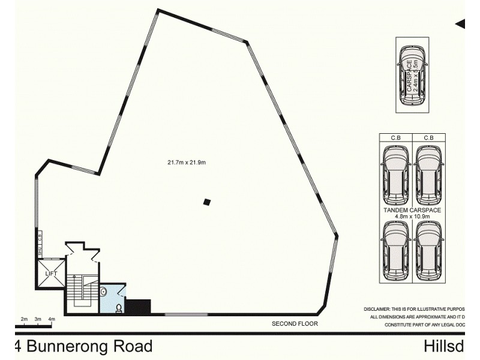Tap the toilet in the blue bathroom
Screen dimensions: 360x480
tap(118, 308)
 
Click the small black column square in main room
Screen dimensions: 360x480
tap(207, 202)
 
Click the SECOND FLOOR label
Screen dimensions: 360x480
tap(295, 324)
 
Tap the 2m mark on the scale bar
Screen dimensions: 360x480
tap(24, 319)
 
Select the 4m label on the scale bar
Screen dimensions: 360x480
tap(52, 319)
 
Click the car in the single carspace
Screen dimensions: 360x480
tap(412, 75)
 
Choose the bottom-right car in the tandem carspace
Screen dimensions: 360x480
tap(428, 250)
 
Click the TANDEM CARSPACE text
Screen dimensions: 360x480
tap(412, 211)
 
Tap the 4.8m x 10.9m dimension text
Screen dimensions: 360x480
tap(412, 217)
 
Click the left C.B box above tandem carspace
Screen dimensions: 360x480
tap(395, 137)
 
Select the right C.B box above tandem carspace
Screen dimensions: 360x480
tap(429, 137)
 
